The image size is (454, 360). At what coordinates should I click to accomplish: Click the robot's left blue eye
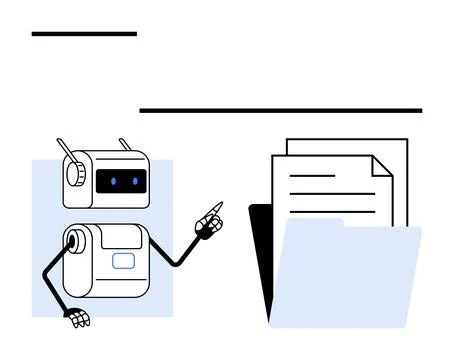click(113, 182)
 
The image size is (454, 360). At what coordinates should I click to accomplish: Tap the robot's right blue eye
click(134, 182)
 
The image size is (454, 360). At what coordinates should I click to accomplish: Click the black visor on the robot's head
click(124, 182)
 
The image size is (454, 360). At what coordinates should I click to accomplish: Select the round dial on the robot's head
click(75, 173)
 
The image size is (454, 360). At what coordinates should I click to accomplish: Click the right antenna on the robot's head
click(126, 146)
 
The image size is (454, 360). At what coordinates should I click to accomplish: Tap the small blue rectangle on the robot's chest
click(123, 262)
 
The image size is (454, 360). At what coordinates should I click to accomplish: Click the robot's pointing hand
click(211, 221)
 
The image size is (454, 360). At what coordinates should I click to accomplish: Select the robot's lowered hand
click(77, 319)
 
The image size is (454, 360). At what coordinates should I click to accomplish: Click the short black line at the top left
click(84, 34)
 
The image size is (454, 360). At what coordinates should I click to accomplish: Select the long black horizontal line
click(280, 111)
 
